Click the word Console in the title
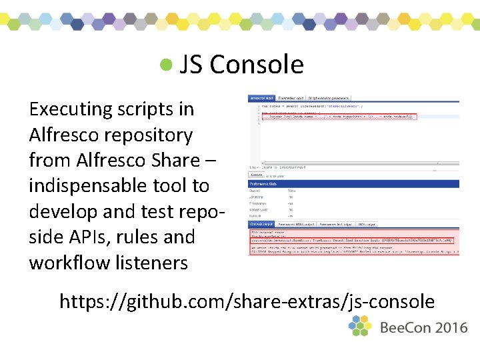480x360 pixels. (x=257, y=65)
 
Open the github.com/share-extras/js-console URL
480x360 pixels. (x=247, y=301)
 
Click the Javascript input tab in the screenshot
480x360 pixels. (x=261, y=98)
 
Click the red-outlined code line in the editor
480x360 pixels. (x=337, y=117)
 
